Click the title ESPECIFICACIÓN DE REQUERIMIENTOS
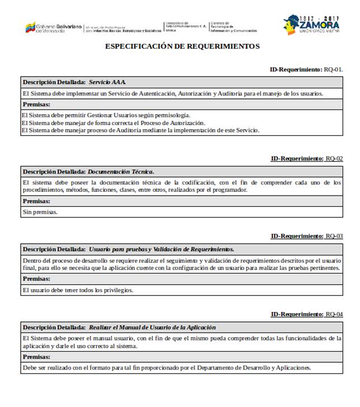182,46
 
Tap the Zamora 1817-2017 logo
311,25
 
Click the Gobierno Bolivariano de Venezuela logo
54,27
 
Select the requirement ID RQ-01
334,69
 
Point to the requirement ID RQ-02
334,159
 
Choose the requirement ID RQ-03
334,236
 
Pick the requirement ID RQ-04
334,314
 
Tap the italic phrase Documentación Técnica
120,172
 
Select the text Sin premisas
40,212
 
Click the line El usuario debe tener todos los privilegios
78,290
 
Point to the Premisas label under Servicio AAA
36,104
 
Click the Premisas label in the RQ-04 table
36,356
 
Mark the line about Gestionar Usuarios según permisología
106,115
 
